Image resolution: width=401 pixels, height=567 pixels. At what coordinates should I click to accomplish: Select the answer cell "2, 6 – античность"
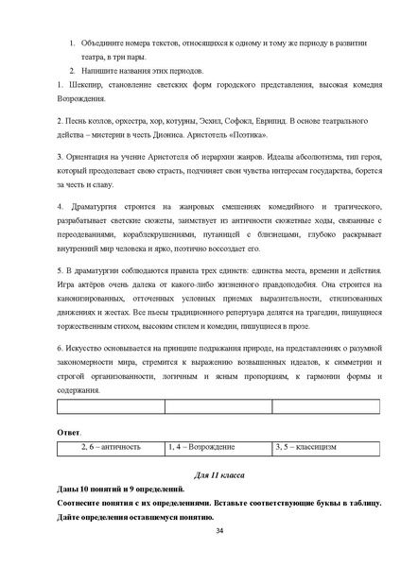[111, 446]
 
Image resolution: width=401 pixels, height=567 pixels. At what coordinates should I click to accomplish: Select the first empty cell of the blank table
[111, 407]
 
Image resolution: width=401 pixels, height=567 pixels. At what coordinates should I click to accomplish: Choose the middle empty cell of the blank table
[218, 407]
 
